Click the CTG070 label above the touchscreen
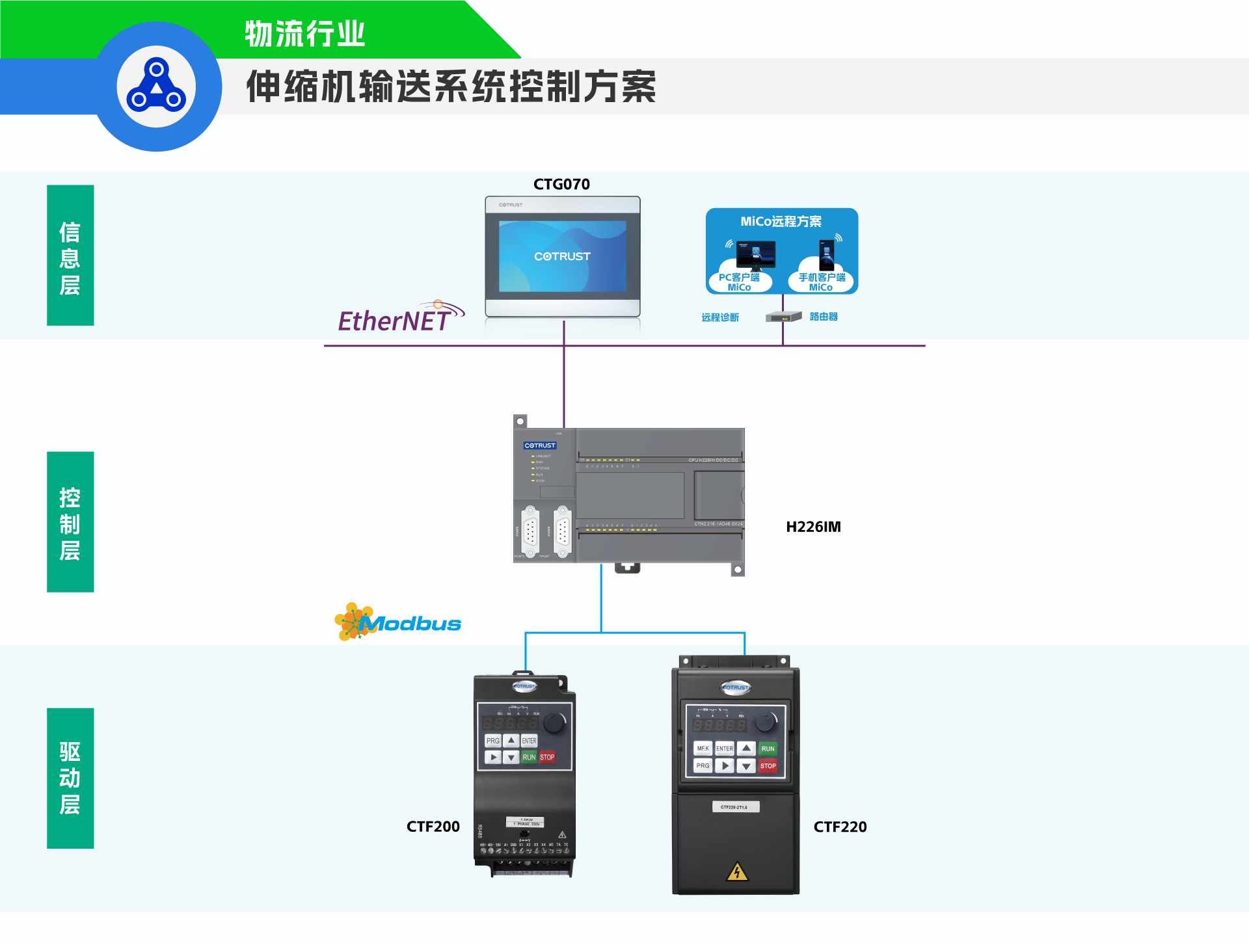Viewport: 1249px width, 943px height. click(x=561, y=185)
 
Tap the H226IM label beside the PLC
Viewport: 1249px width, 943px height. click(x=813, y=527)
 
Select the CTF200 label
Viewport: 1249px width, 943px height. click(x=433, y=827)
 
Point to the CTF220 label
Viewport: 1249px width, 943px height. click(x=840, y=827)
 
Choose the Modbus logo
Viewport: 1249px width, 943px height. click(x=398, y=622)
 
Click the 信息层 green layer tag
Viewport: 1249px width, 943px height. click(x=70, y=256)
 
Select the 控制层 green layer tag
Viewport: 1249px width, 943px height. click(x=70, y=522)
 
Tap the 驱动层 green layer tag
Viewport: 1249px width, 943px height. click(x=70, y=778)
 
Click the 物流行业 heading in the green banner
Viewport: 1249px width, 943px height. click(x=305, y=34)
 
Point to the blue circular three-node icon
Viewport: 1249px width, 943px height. click(x=156, y=86)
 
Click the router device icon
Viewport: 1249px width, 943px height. click(x=783, y=317)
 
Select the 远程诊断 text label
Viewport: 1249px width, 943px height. click(x=720, y=317)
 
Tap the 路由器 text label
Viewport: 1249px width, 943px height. click(x=824, y=317)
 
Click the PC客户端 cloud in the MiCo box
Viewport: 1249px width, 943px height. click(x=740, y=281)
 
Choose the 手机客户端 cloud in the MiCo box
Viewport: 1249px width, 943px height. click(x=822, y=281)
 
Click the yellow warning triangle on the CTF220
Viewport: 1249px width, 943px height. click(x=737, y=871)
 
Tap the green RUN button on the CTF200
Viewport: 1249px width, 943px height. click(x=529, y=757)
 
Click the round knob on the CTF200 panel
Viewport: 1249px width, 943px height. click(x=554, y=722)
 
